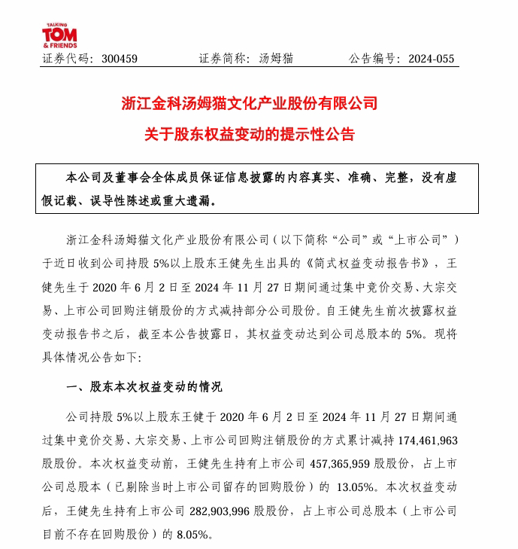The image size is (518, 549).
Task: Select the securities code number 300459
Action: tap(119, 59)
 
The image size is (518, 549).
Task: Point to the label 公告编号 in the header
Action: tap(373, 59)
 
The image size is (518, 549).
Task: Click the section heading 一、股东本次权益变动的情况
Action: tap(145, 387)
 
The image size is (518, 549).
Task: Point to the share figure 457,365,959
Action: tap(345, 462)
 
